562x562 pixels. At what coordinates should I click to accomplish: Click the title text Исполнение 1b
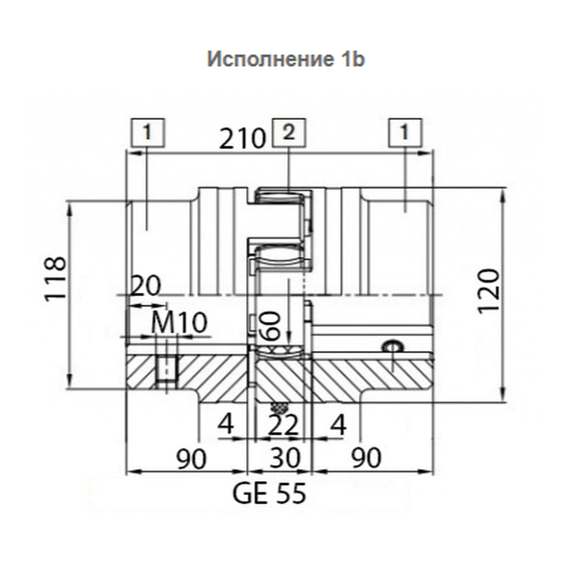pyautogui.click(x=286, y=59)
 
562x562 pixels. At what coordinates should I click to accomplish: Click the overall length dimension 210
pyautogui.click(x=243, y=139)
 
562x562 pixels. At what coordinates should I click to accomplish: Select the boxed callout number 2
pyautogui.click(x=289, y=133)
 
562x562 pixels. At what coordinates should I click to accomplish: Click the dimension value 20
pyautogui.click(x=145, y=285)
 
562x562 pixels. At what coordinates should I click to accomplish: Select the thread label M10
pyautogui.click(x=179, y=323)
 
